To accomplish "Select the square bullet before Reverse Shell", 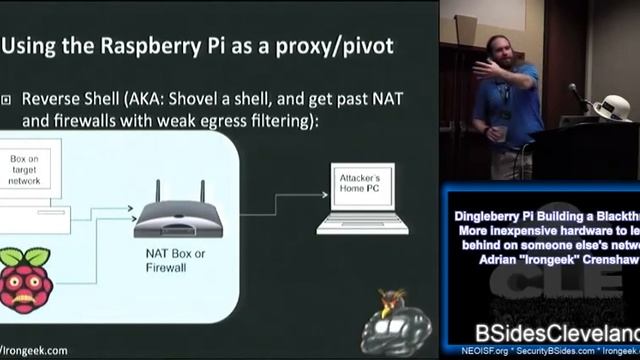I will tap(6, 100).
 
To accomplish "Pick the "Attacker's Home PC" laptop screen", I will tap(351, 184).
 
